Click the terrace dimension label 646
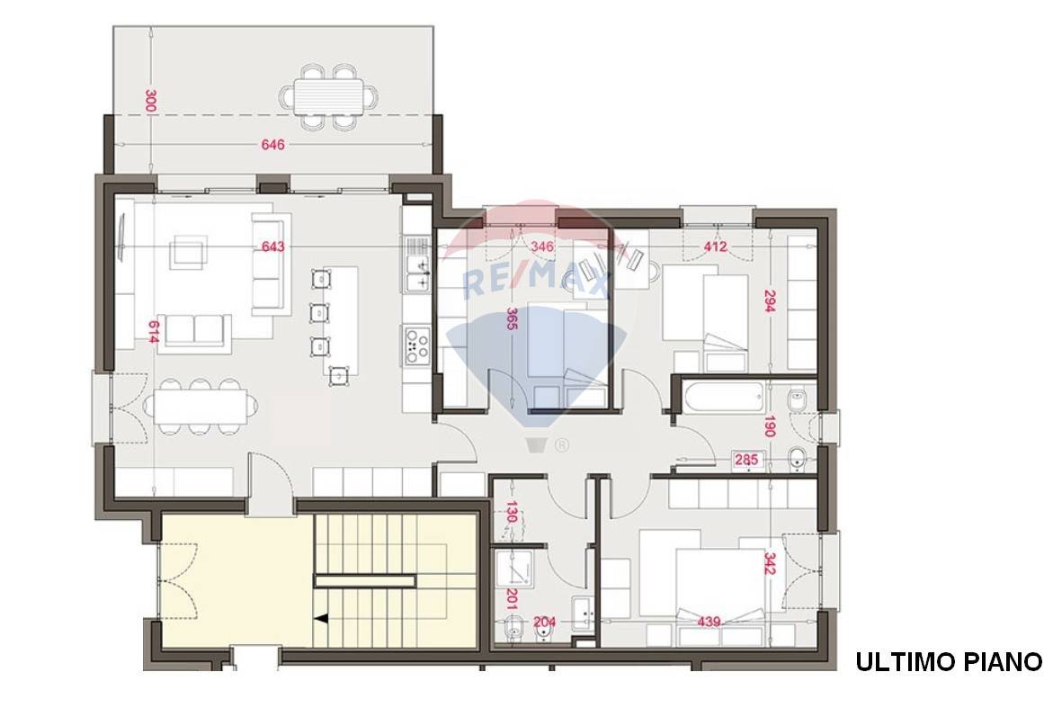(x=273, y=144)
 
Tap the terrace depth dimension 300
(x=151, y=101)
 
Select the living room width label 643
(x=273, y=246)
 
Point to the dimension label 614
(x=154, y=332)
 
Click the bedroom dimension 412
(x=715, y=246)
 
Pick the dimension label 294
(x=769, y=300)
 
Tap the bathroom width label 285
(x=746, y=460)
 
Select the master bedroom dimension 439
(x=709, y=622)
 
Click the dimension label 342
(x=770, y=564)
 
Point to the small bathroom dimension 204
(x=545, y=622)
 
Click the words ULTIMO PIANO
(x=949, y=662)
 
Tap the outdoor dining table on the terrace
(x=328, y=97)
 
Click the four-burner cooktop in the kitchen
(x=417, y=345)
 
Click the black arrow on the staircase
(x=322, y=619)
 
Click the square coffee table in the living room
(x=189, y=252)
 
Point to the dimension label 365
(x=512, y=318)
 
